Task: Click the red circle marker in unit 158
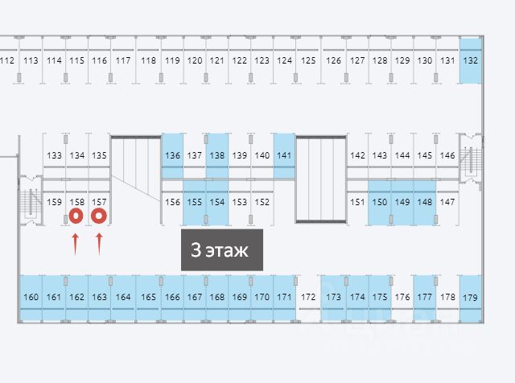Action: (x=76, y=216)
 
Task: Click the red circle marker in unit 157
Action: (x=100, y=216)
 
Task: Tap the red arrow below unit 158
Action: (x=76, y=244)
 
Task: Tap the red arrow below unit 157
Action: (x=100, y=244)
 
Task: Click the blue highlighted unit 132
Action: (x=471, y=60)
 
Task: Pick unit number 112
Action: (x=8, y=60)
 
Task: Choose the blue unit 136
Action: (x=172, y=155)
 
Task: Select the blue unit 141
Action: (x=284, y=155)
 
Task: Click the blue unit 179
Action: (x=470, y=298)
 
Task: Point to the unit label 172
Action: (x=308, y=298)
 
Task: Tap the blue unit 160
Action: (x=31, y=298)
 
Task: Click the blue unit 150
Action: (x=380, y=202)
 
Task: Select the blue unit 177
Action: (x=424, y=298)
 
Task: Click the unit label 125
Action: (x=308, y=60)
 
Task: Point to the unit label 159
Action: (x=54, y=202)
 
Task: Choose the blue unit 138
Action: (x=217, y=155)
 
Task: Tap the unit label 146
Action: (x=447, y=155)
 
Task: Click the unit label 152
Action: (x=262, y=202)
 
